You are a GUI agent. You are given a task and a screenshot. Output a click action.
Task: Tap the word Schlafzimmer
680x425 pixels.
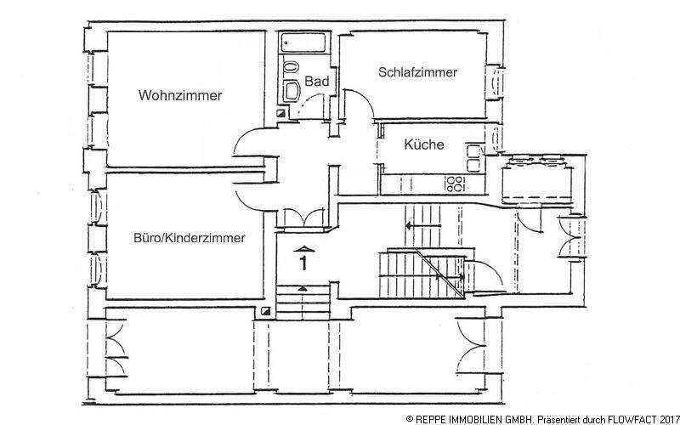pos(417,73)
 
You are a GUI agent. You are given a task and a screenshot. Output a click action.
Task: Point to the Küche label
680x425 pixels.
pos(423,144)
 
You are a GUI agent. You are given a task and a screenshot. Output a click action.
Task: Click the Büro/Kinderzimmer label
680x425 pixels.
pos(190,239)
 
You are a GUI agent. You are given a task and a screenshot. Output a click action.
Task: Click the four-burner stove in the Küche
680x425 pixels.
pos(455,182)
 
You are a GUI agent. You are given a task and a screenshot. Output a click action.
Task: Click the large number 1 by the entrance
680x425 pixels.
pos(303,263)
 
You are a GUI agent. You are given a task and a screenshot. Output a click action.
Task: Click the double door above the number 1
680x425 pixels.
pos(301,216)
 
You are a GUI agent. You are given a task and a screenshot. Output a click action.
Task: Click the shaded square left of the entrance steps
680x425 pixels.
pos(267,311)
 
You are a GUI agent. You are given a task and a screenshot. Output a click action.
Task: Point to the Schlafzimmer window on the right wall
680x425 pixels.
pos(496,82)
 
